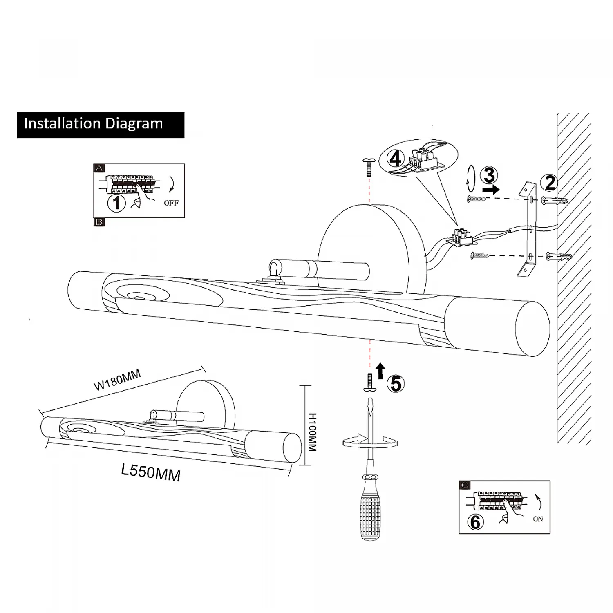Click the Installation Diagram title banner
[x=101, y=125]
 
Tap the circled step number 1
[x=117, y=202]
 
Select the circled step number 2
[x=550, y=183]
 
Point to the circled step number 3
[x=489, y=175]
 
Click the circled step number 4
[x=395, y=159]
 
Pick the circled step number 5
[x=396, y=384]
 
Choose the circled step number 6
[x=475, y=522]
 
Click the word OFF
[x=171, y=203]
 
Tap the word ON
[x=538, y=519]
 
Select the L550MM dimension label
[x=151, y=472]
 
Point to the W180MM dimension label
[x=117, y=380]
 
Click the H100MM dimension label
[x=312, y=432]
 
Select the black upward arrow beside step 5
[x=380, y=371]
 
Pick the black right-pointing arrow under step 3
[x=490, y=190]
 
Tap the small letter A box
[x=99, y=168]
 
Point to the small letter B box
[x=99, y=222]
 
